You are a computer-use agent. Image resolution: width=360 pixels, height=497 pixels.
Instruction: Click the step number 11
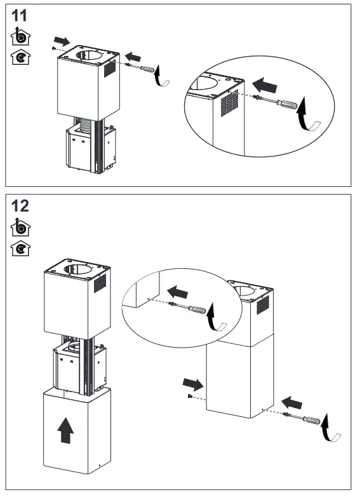tap(19, 15)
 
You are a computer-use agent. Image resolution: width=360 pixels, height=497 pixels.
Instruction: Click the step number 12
tap(20, 206)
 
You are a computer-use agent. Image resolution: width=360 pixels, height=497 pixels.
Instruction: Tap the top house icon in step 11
tap(20, 36)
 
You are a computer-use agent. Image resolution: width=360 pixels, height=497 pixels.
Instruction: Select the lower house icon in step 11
tap(20, 57)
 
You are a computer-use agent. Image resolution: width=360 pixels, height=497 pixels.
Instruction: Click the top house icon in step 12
tap(20, 227)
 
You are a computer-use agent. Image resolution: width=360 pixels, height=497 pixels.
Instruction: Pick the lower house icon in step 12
tap(20, 248)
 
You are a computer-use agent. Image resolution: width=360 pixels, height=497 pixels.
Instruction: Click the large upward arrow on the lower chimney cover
tap(65, 430)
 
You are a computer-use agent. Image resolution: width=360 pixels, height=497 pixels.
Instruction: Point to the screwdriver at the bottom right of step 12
tap(302, 418)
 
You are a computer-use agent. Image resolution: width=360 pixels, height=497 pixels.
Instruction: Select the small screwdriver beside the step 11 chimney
tap(140, 67)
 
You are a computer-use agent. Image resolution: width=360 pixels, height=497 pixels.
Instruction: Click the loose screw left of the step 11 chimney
tap(53, 48)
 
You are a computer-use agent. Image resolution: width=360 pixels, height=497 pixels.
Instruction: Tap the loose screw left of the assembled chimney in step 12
tap(190, 396)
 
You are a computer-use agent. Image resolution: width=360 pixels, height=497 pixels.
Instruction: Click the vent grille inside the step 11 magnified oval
tap(229, 104)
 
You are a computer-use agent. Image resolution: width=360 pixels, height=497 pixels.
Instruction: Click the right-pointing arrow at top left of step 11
tap(62, 41)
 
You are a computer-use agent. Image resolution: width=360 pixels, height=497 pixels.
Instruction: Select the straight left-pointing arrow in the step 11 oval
tap(265, 85)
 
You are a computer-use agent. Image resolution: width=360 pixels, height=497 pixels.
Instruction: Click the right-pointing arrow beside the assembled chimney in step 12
tap(193, 383)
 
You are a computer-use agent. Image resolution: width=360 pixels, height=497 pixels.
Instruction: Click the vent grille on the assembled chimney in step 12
tap(263, 304)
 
